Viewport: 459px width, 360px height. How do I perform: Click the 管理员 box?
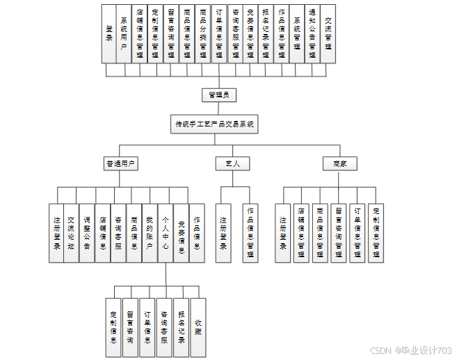(x=219, y=95)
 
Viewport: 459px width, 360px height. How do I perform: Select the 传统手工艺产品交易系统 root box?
(x=214, y=124)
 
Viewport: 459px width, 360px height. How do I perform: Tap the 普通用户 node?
(x=121, y=164)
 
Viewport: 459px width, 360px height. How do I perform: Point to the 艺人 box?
(x=232, y=164)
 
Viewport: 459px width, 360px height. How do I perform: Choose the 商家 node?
(x=340, y=164)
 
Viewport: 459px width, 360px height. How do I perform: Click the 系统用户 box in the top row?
(x=124, y=33)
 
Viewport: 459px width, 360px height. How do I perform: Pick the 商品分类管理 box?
(x=202, y=33)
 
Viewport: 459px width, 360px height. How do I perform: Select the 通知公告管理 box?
(x=312, y=33)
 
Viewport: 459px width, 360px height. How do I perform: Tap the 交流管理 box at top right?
(x=328, y=33)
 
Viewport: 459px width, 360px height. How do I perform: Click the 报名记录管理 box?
(x=266, y=33)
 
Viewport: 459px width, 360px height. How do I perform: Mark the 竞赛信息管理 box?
(x=250, y=33)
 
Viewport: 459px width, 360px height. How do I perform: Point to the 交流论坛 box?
(x=71, y=233)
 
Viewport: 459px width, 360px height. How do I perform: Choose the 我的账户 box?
(x=149, y=233)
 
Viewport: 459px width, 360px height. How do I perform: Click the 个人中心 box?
(x=165, y=233)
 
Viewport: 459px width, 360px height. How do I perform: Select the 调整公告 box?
(x=86, y=233)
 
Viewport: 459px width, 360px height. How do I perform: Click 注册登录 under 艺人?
(x=223, y=233)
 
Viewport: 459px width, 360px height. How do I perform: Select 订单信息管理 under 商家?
(x=357, y=233)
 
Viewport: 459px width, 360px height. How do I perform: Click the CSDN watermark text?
(x=410, y=350)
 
